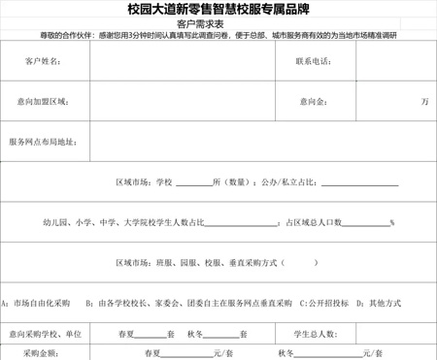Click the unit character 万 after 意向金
(424, 101)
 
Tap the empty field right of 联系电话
(393, 61)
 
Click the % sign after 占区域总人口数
(391, 222)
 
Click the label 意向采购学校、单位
(45, 334)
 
